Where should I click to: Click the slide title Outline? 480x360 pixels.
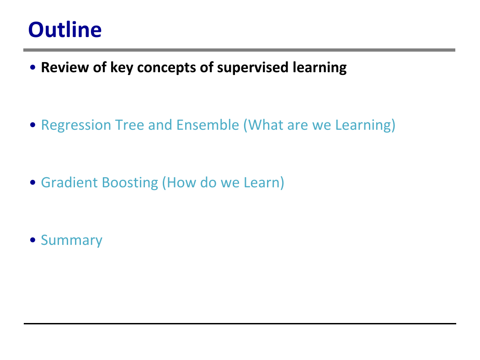click(x=65, y=30)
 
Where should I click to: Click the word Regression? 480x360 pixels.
click(x=76, y=125)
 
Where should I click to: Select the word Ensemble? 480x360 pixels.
click(x=208, y=125)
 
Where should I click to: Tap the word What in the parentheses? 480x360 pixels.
click(x=263, y=125)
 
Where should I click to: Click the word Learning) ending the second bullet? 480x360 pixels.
click(x=365, y=125)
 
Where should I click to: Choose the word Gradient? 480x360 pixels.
click(x=69, y=183)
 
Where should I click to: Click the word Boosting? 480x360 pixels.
click(x=130, y=183)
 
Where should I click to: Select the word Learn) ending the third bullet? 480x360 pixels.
click(x=264, y=183)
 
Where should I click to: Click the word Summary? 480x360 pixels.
click(x=72, y=240)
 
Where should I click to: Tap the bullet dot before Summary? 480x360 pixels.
click(x=33, y=240)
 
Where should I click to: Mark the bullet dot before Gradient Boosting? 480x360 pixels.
click(x=33, y=183)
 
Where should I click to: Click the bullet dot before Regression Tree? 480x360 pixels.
click(x=33, y=125)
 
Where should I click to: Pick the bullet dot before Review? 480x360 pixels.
click(x=33, y=67)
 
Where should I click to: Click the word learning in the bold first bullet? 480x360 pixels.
click(x=320, y=68)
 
